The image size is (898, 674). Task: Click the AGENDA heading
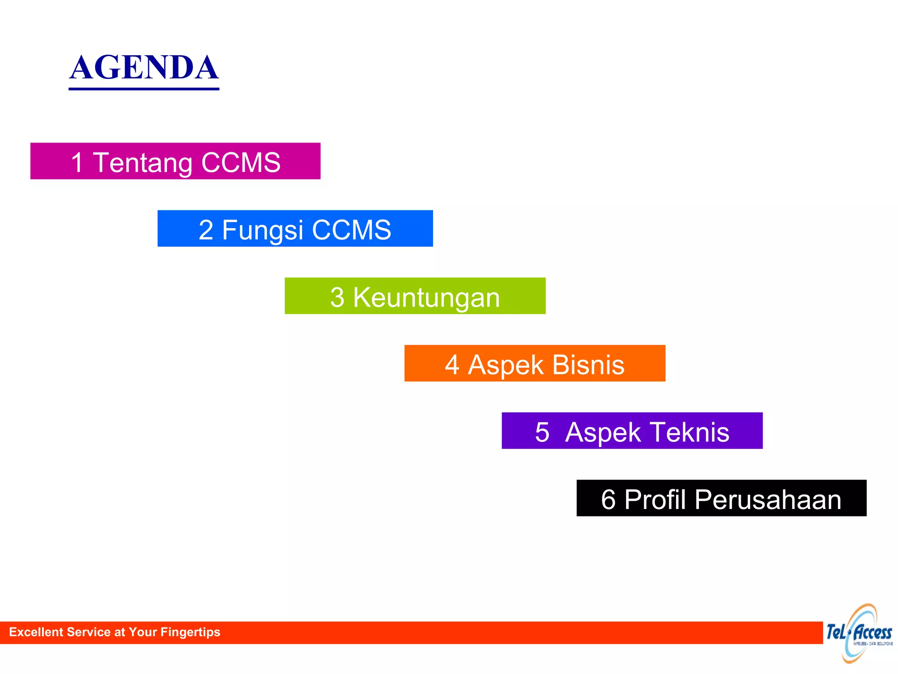[144, 68]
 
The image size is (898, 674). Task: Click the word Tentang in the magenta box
[143, 163]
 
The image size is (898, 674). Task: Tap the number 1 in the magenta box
[77, 162]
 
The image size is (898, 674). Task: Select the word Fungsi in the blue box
[262, 230]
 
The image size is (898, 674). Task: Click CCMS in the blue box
[351, 230]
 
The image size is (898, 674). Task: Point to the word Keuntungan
[426, 298]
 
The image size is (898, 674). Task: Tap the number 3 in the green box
[337, 298]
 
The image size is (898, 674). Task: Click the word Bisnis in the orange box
[588, 365]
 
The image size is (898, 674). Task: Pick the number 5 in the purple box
[542, 432]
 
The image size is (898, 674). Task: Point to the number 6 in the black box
[608, 499]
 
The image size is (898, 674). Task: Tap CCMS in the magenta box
[241, 162]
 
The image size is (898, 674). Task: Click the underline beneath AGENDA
[144, 89]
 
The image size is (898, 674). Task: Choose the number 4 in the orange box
[452, 365]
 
